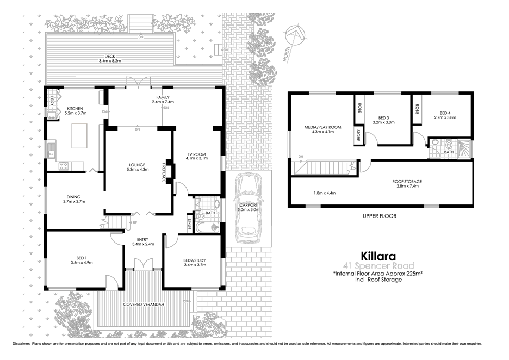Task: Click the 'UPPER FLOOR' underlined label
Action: click(x=379, y=216)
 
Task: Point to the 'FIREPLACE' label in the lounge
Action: click(x=163, y=172)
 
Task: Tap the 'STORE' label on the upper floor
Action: click(x=358, y=135)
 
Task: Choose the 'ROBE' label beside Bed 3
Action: click(x=358, y=107)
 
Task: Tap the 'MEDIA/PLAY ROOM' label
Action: click(x=322, y=127)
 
